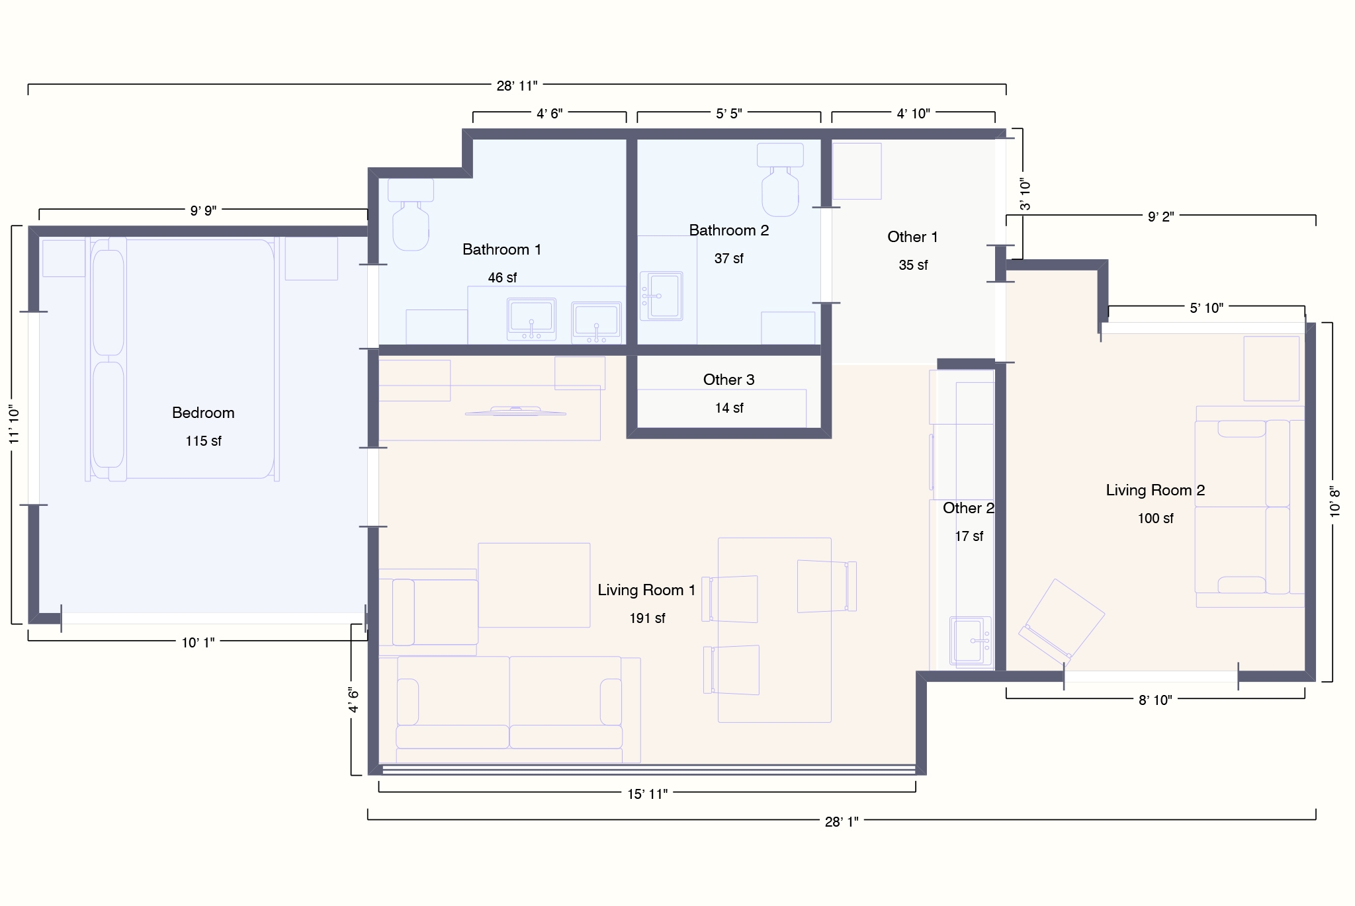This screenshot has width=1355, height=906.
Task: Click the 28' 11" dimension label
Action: click(x=517, y=85)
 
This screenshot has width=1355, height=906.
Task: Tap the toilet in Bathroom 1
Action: click(x=411, y=214)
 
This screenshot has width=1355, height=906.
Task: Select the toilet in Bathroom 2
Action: click(x=780, y=180)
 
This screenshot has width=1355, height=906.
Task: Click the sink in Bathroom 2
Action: click(x=661, y=296)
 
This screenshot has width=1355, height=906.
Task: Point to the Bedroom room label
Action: click(x=203, y=413)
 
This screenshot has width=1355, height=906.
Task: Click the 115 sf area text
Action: click(x=203, y=441)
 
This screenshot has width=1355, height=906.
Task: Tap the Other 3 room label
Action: click(x=728, y=380)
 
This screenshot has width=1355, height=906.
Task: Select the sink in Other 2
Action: click(x=971, y=640)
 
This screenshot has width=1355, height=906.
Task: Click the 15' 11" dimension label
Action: click(x=647, y=794)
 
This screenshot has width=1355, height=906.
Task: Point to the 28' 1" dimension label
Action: click(x=842, y=821)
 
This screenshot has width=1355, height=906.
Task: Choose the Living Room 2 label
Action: click(x=1155, y=490)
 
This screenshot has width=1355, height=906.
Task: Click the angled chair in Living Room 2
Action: click(x=1061, y=622)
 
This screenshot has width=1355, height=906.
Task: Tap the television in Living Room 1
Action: click(x=515, y=411)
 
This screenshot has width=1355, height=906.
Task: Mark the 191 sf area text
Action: click(x=647, y=618)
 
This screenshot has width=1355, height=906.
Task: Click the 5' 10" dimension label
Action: click(x=1206, y=308)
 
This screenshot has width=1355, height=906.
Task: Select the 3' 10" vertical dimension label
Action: click(x=1025, y=194)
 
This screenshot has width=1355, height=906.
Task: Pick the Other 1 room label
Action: click(x=912, y=237)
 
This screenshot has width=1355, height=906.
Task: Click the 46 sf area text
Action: click(x=502, y=278)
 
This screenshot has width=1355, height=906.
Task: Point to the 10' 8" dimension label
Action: click(x=1334, y=502)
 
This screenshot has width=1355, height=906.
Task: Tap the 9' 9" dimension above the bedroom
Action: click(x=203, y=210)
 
